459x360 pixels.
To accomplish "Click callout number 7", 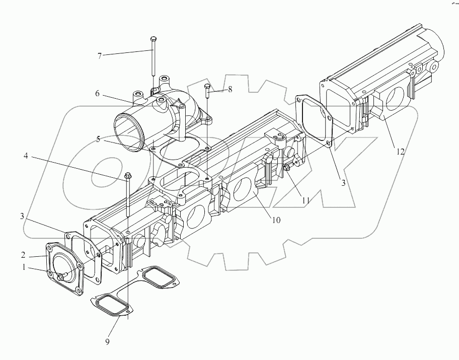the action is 100,56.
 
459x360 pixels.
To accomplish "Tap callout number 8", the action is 230,90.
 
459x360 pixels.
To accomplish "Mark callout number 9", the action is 108,342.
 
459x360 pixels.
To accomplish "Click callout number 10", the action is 276,220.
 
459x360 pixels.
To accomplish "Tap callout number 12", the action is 401,151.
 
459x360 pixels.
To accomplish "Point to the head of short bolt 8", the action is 207,87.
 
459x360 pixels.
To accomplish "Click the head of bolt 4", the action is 127,176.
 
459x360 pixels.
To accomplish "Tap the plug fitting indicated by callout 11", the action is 287,168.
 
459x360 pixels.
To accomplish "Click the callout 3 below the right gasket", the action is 344,183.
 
